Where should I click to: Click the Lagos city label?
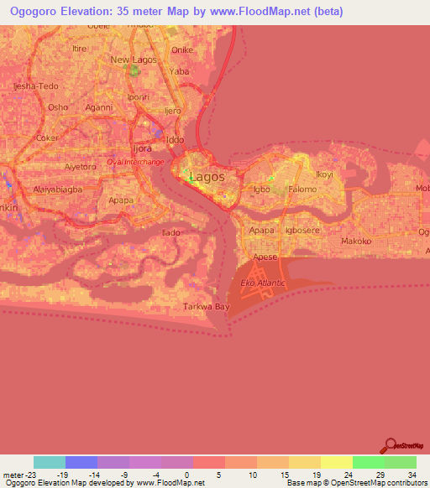tap(207, 177)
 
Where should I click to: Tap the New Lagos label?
tap(132, 60)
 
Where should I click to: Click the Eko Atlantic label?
tap(264, 283)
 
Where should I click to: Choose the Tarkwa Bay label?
tap(207, 307)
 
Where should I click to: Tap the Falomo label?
tap(302, 189)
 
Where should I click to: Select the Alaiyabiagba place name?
tap(57, 189)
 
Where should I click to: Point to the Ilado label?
tap(171, 231)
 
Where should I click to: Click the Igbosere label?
tap(304, 229)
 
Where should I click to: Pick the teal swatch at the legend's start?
tap(50, 462)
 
